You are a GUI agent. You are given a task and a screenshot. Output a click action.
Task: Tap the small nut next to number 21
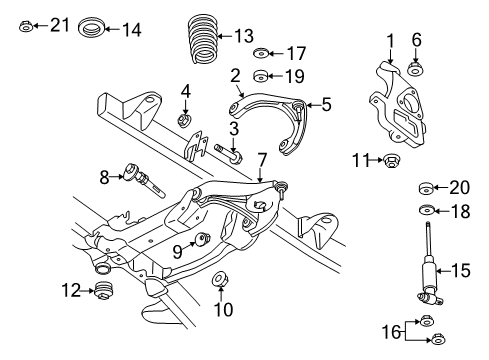pyautogui.click(x=27, y=25)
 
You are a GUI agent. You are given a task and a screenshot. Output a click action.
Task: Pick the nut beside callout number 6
pyautogui.click(x=416, y=70)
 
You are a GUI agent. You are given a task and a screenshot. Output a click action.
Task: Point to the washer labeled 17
pyautogui.click(x=261, y=53)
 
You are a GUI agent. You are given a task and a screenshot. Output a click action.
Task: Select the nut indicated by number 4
pyautogui.click(x=184, y=121)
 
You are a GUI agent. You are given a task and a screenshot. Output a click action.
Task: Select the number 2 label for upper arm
pyautogui.click(x=234, y=75)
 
